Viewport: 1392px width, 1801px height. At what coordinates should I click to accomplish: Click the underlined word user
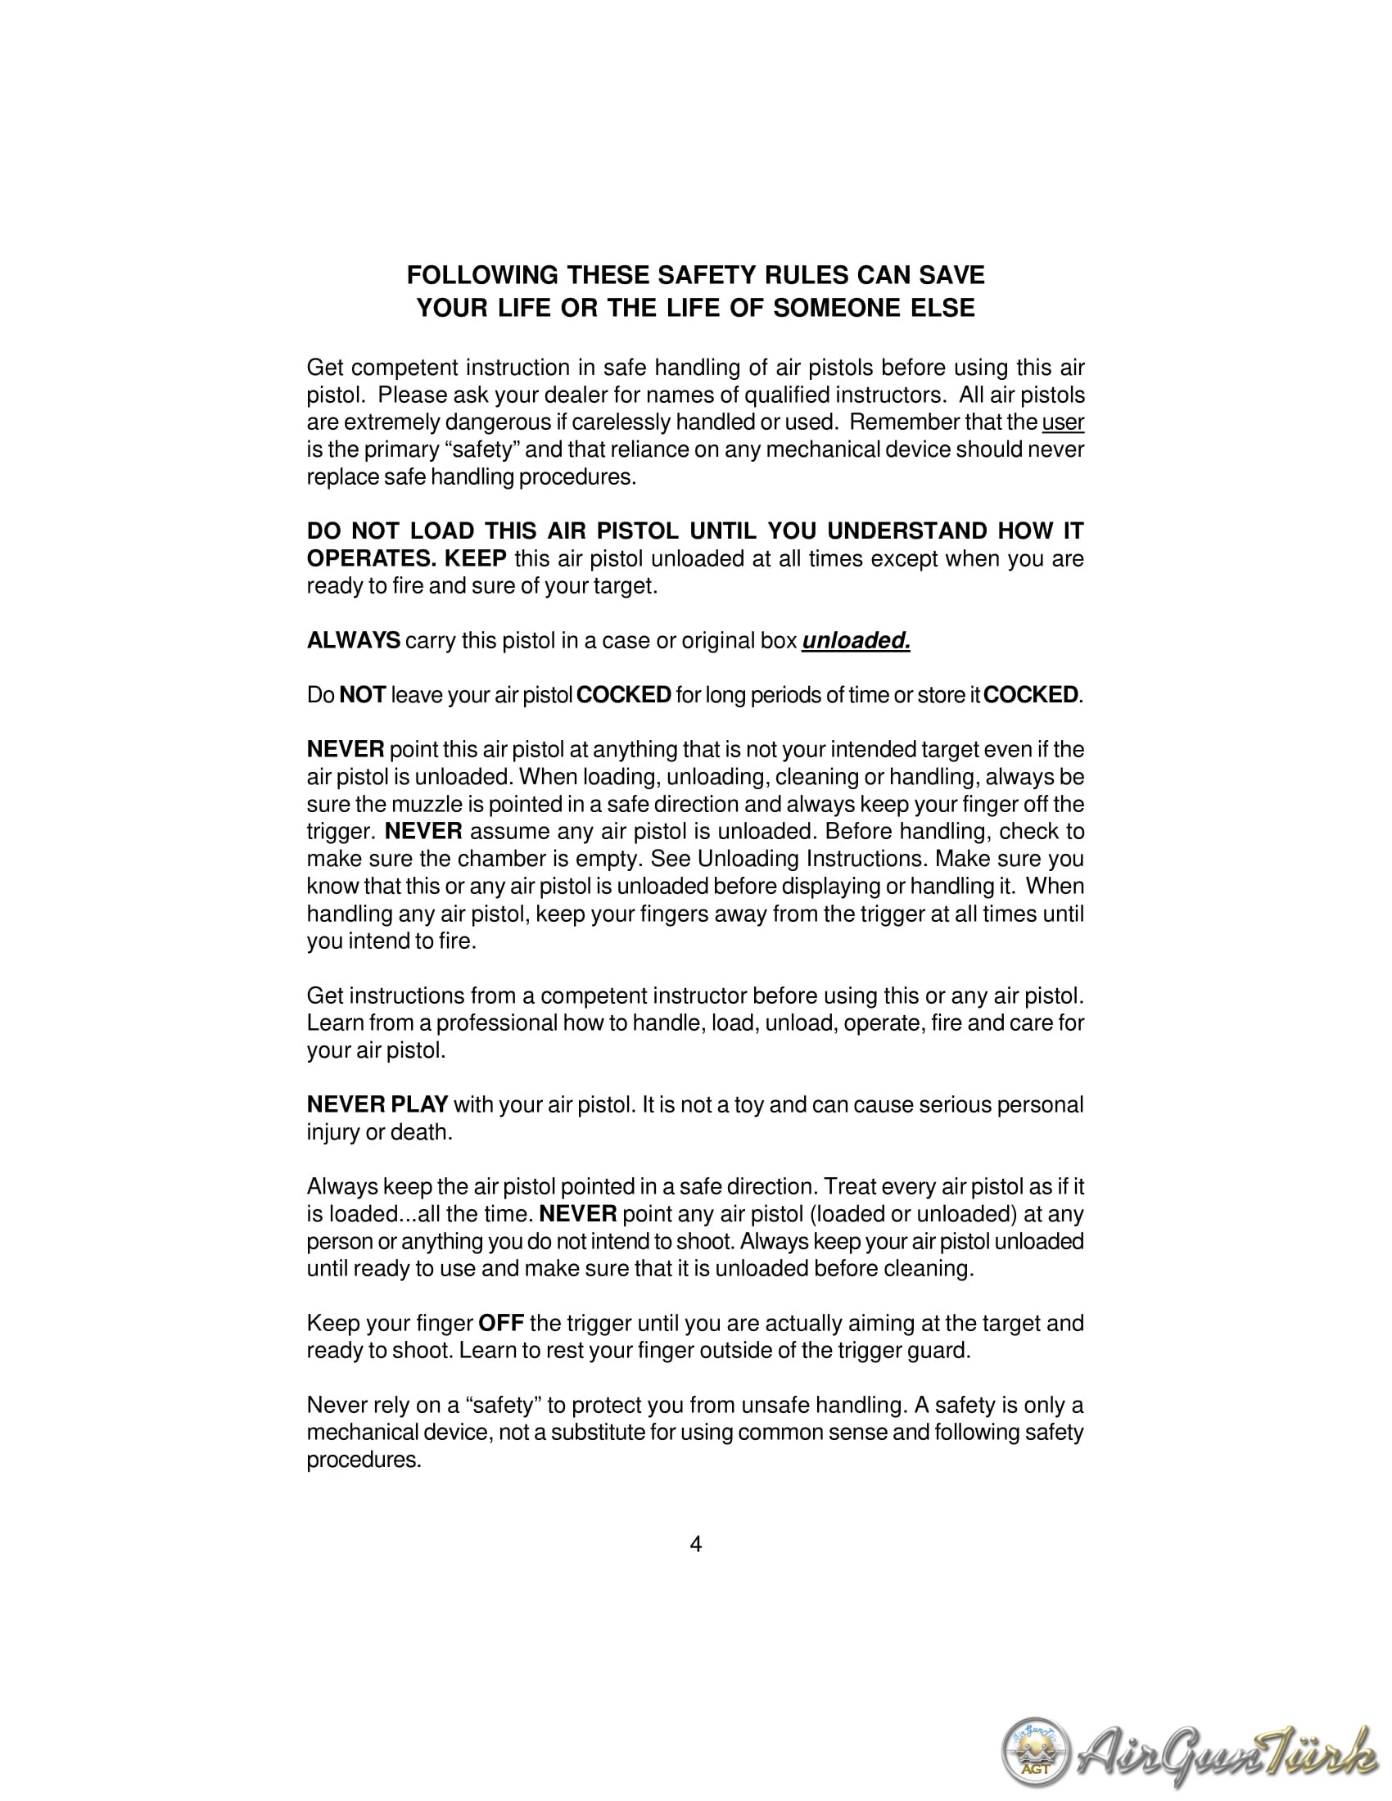pos(1063,422)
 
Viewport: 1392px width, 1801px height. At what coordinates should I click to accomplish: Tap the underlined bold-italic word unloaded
pos(855,641)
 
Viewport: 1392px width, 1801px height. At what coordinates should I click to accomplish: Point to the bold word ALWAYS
pos(354,641)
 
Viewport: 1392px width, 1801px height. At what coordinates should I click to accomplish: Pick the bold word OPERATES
pos(372,559)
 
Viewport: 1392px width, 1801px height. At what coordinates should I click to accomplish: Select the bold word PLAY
pos(420,1104)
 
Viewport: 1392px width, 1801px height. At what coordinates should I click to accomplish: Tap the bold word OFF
pos(501,1324)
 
